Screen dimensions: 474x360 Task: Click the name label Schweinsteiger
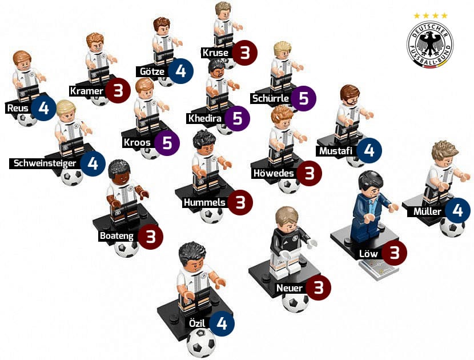(x=45, y=163)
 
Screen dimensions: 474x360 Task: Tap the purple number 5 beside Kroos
(x=167, y=143)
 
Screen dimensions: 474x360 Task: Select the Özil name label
(x=197, y=323)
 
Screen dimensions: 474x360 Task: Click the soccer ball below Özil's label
(x=201, y=343)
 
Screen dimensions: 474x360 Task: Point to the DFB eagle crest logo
(x=430, y=44)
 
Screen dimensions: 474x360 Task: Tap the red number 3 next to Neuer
(x=318, y=287)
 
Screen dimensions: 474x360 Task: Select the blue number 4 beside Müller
(x=457, y=210)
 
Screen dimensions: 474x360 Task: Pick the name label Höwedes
(x=274, y=173)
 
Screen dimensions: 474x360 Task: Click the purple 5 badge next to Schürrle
(x=303, y=98)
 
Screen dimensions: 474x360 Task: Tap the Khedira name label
(x=204, y=118)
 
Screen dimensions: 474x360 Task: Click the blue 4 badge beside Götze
(x=180, y=71)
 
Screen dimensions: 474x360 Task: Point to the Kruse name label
(x=215, y=53)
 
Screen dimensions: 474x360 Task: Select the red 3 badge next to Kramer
(x=118, y=90)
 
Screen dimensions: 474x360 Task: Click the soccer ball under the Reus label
(x=27, y=120)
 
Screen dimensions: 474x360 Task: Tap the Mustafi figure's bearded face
(x=350, y=100)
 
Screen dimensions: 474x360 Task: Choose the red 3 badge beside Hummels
(x=240, y=202)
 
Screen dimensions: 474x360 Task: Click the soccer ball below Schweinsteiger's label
(x=72, y=177)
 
